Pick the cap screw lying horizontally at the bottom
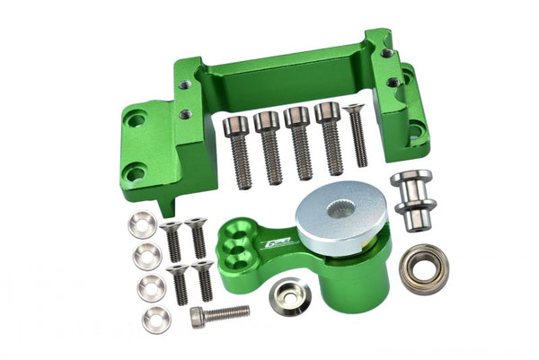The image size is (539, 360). pyautogui.click(x=219, y=314)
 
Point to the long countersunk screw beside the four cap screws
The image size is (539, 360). pyautogui.click(x=357, y=135)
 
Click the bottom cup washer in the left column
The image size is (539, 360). pyautogui.click(x=156, y=318)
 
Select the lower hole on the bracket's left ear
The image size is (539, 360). pyautogui.click(x=135, y=172)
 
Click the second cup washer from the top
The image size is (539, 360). pyautogui.click(x=147, y=258)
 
